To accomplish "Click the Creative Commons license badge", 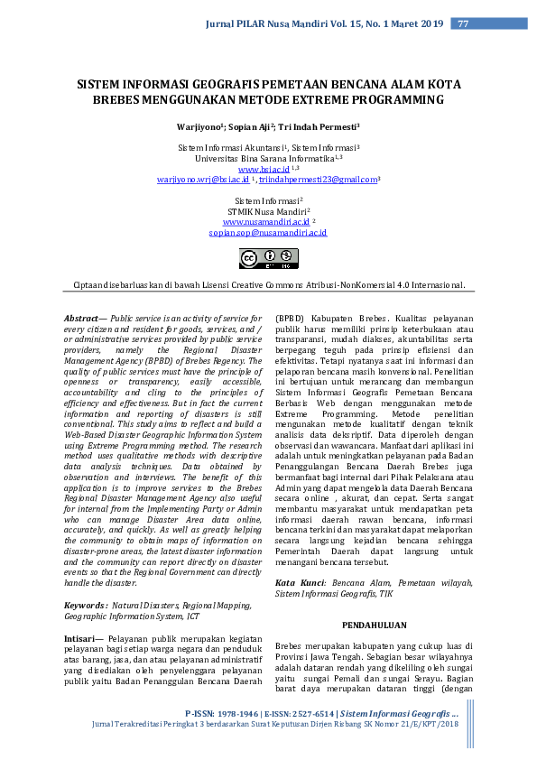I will coord(268,260).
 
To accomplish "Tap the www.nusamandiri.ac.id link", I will coord(266,220).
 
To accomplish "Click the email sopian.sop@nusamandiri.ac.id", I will coord(268,232).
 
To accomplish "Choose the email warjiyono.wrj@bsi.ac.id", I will coord(203,180).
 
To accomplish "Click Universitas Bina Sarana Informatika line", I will coord(268,157).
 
